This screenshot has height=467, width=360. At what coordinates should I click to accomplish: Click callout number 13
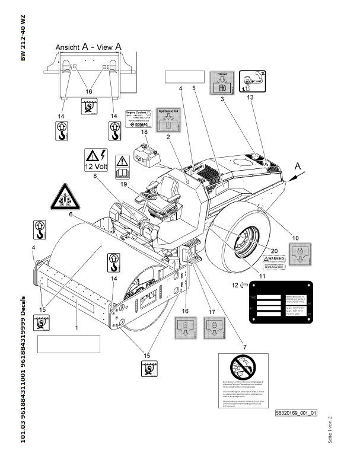(250, 97)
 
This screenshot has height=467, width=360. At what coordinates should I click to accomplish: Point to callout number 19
(124, 184)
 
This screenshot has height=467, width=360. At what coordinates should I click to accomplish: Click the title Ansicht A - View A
(89, 46)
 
